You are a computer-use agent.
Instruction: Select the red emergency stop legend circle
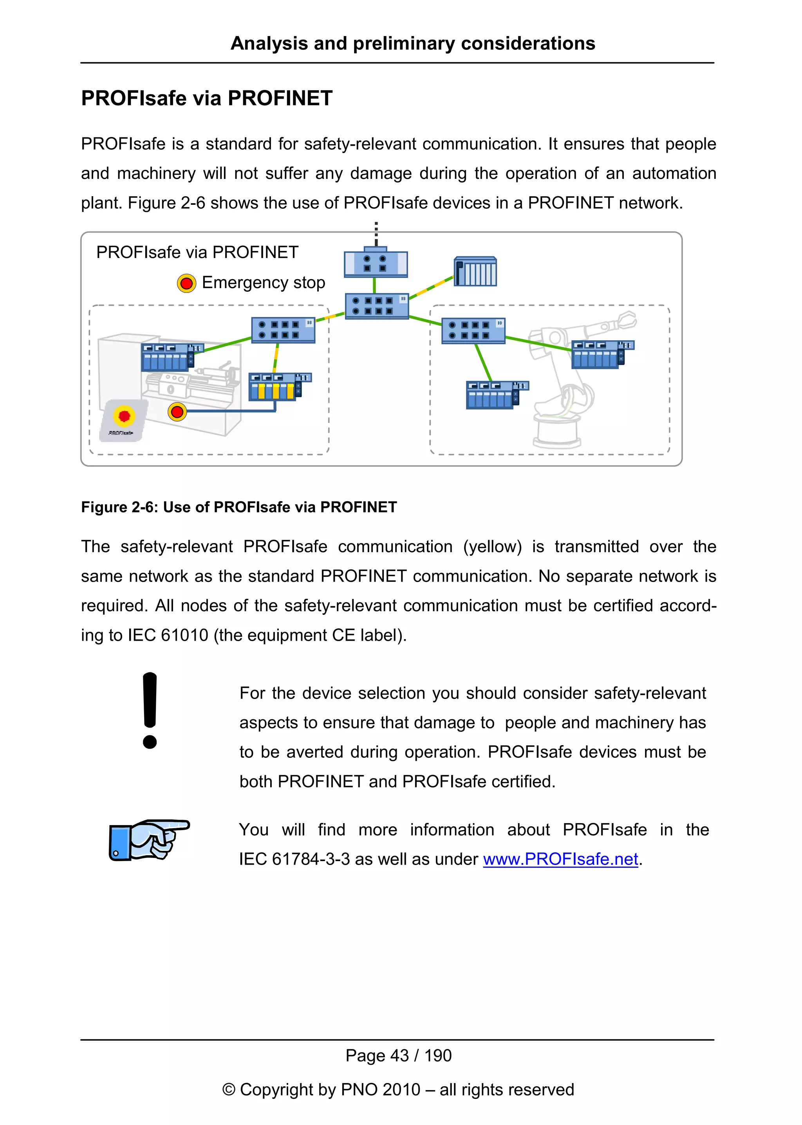pyautogui.click(x=186, y=283)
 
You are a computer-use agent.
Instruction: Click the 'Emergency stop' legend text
pyautogui.click(x=263, y=282)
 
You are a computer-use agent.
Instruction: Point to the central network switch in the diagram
pyautogui.click(x=377, y=306)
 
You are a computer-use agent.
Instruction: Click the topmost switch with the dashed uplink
pyautogui.click(x=376, y=263)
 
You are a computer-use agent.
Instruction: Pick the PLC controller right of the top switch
pyautogui.click(x=475, y=272)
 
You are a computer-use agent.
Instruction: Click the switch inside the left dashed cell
pyautogui.click(x=283, y=330)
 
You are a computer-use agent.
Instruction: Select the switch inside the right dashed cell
pyautogui.click(x=473, y=330)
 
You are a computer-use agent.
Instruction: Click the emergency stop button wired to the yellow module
pyautogui.click(x=177, y=412)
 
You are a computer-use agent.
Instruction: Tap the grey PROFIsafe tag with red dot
pyautogui.click(x=123, y=420)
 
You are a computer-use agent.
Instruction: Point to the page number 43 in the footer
pyautogui.click(x=399, y=1055)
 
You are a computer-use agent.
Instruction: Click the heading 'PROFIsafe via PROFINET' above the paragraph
pyautogui.click(x=206, y=98)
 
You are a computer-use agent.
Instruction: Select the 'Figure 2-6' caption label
pyautogui.click(x=119, y=507)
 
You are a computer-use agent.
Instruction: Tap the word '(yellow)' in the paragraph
pyautogui.click(x=492, y=547)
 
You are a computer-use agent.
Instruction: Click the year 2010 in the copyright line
pyautogui.click(x=401, y=1089)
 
